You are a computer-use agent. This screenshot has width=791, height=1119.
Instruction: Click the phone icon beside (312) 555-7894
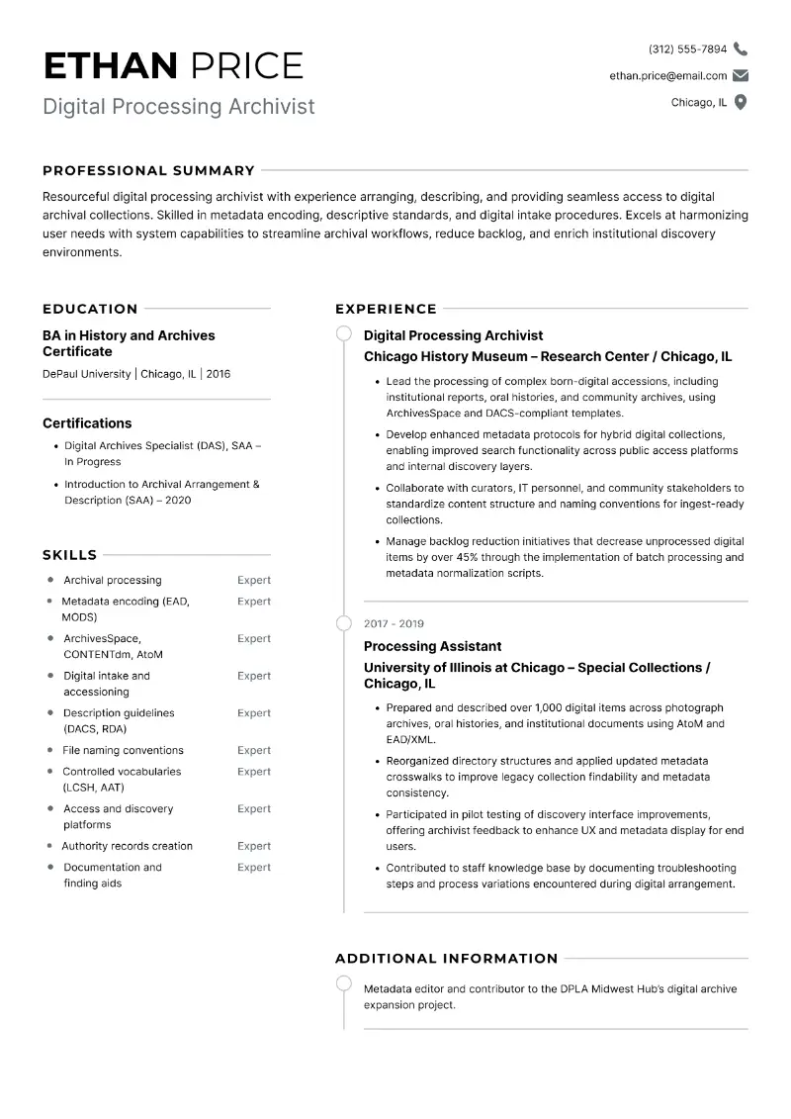[x=741, y=48]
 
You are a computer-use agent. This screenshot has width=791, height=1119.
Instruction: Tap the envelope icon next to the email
[x=741, y=75]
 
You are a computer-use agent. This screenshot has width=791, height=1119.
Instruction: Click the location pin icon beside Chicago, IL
[x=741, y=102]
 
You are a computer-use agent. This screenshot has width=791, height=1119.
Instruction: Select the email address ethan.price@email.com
[x=667, y=75]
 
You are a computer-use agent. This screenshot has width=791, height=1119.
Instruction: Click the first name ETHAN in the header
[x=110, y=65]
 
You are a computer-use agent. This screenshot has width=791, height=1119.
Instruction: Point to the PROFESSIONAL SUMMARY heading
[x=148, y=170]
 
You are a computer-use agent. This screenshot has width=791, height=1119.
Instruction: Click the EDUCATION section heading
[x=90, y=309]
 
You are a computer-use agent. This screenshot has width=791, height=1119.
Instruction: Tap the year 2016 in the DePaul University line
[x=219, y=374]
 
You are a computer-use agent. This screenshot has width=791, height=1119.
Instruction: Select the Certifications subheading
[x=87, y=422]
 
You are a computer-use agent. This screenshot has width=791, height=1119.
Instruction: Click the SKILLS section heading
[x=69, y=555]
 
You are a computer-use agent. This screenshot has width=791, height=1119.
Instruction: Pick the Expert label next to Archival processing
[x=253, y=580]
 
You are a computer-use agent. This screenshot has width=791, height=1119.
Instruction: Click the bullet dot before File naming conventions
[x=50, y=750]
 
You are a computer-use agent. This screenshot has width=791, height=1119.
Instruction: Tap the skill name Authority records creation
[x=127, y=846]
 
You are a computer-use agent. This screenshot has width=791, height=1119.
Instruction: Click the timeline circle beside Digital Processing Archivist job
[x=344, y=333]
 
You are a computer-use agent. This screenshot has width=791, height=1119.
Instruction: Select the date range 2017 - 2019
[x=394, y=623]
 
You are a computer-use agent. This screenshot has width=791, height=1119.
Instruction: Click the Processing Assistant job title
[x=432, y=646]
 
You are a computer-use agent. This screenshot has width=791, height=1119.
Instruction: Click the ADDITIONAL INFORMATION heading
[x=446, y=958]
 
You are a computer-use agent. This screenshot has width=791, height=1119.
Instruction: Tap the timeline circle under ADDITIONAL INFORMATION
[x=344, y=982]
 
